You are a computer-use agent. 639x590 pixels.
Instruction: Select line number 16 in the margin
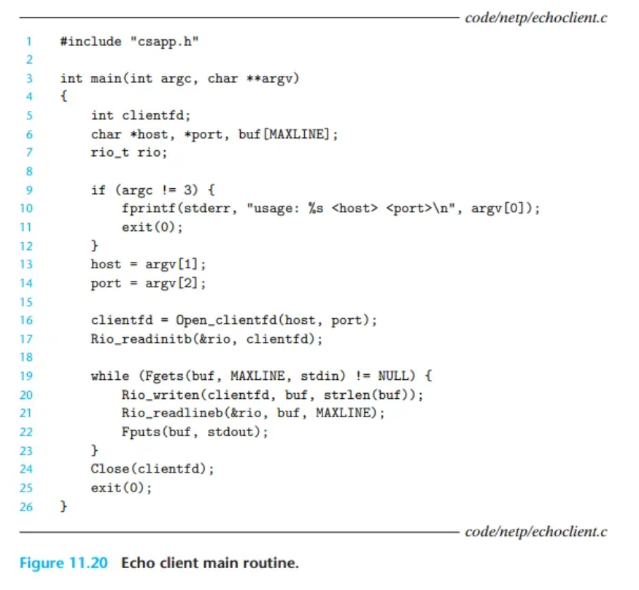click(26, 320)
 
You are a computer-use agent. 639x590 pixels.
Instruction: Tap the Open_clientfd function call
click(220, 320)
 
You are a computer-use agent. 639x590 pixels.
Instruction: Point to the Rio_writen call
click(160, 395)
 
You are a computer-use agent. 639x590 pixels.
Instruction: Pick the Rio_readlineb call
click(169, 413)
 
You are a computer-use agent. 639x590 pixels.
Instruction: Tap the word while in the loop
click(106, 376)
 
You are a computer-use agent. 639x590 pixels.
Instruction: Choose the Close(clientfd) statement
click(152, 469)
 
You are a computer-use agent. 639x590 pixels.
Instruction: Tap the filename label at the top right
click(535, 18)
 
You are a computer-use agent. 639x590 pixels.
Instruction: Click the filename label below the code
click(535, 532)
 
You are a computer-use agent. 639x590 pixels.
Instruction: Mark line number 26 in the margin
click(26, 506)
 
